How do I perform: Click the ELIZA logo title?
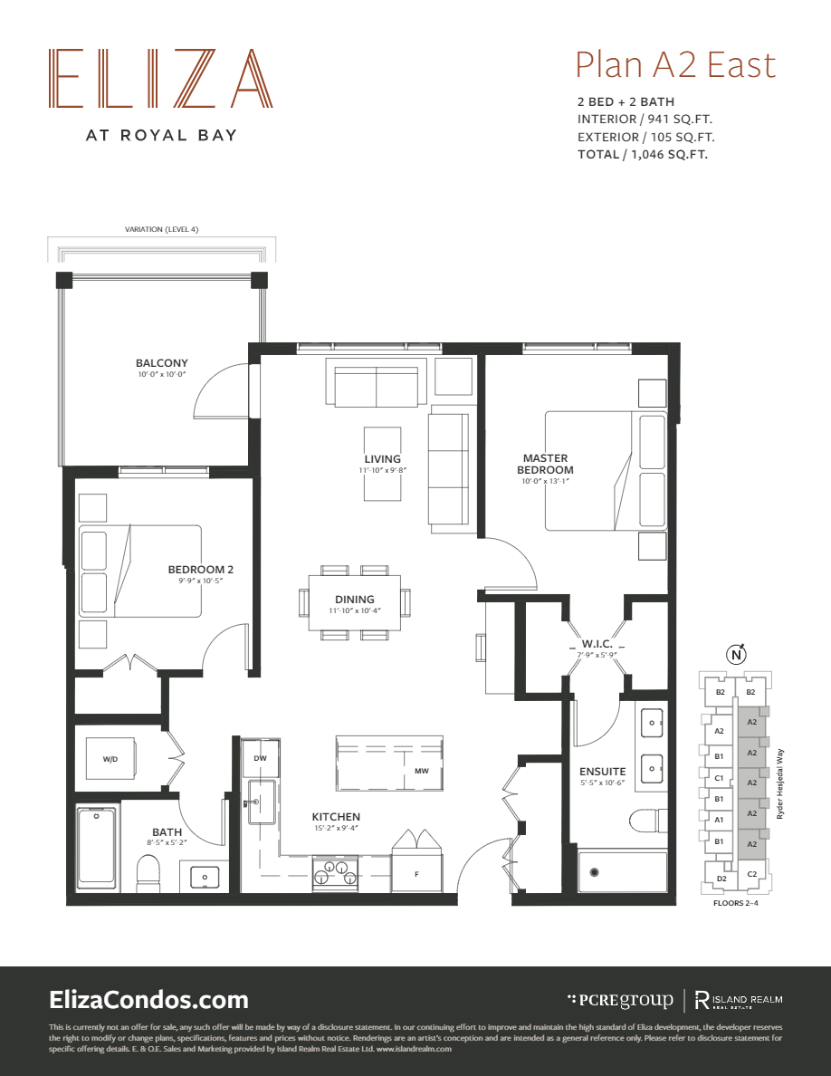click(160, 78)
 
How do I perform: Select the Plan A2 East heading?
click(675, 65)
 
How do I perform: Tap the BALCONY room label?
click(162, 363)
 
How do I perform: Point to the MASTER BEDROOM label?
click(545, 464)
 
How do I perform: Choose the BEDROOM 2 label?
click(200, 569)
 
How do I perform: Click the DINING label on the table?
click(354, 599)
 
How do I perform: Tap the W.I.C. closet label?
click(597, 644)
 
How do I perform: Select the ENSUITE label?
click(603, 772)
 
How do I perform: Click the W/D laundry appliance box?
click(111, 759)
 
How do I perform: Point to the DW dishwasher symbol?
click(261, 758)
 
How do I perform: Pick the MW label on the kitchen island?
click(421, 772)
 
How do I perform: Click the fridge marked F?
click(416, 874)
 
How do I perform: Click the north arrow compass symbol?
click(737, 655)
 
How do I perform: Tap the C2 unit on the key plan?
click(750, 875)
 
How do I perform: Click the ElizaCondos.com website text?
click(148, 1000)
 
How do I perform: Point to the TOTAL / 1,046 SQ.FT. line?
click(643, 155)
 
